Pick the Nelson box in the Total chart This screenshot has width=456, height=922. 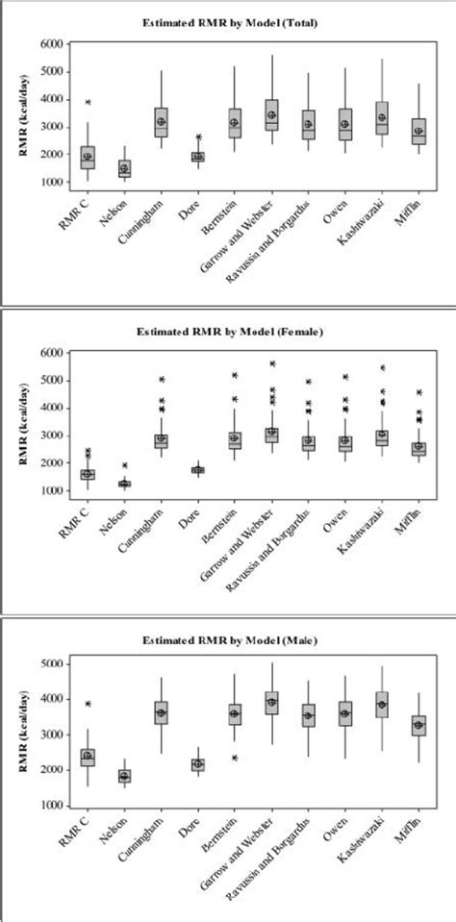click(124, 168)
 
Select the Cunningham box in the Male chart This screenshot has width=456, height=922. click(161, 712)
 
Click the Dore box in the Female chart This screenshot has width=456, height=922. click(197, 470)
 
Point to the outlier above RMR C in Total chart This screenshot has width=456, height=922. click(88, 102)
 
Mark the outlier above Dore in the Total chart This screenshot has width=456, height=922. click(197, 137)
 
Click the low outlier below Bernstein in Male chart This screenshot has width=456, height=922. click(234, 758)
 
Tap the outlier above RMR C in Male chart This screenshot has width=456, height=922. click(88, 704)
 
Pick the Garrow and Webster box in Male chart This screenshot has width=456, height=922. click(270, 703)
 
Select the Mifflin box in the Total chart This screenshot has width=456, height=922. click(418, 132)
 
